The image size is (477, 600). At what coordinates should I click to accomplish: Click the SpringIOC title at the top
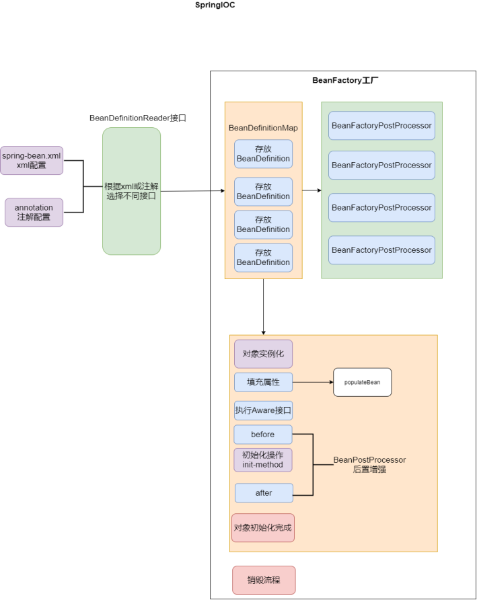pyautogui.click(x=215, y=5)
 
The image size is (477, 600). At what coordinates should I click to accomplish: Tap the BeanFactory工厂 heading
pyautogui.click(x=345, y=80)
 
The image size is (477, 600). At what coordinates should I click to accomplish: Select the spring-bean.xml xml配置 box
pyautogui.click(x=32, y=160)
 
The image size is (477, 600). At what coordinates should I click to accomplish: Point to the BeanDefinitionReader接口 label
pyautogui.click(x=137, y=118)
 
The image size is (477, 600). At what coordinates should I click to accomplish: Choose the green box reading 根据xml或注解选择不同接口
pyautogui.click(x=131, y=191)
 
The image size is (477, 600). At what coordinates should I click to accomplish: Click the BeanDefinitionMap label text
pyautogui.click(x=263, y=128)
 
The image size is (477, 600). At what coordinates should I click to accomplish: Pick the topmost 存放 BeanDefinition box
pyautogui.click(x=263, y=154)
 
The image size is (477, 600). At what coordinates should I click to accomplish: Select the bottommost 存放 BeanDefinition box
pyautogui.click(x=263, y=258)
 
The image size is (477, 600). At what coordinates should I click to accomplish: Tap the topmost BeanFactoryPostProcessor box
pyautogui.click(x=381, y=126)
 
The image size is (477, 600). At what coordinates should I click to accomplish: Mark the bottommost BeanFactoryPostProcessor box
pyautogui.click(x=381, y=250)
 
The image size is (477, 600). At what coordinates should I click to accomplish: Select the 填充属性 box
pyautogui.click(x=263, y=382)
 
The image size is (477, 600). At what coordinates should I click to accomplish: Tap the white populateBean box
pyautogui.click(x=362, y=382)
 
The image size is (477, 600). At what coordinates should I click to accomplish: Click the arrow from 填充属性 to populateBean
pyautogui.click(x=313, y=382)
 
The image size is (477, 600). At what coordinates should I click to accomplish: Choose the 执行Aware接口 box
pyautogui.click(x=263, y=410)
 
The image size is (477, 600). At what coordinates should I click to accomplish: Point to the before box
pyautogui.click(x=263, y=435)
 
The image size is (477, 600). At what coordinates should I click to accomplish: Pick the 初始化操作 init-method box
pyautogui.click(x=263, y=460)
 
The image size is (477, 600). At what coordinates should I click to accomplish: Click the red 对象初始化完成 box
pyautogui.click(x=263, y=528)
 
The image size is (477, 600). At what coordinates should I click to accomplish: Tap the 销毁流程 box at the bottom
pyautogui.click(x=264, y=580)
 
